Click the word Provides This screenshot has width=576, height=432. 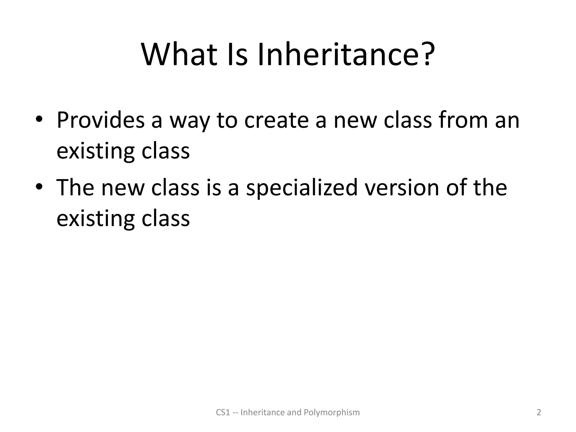[x=101, y=120]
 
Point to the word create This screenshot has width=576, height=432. [x=276, y=120]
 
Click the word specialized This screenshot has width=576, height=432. [x=301, y=188]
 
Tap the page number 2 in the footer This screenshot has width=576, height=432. [x=539, y=412]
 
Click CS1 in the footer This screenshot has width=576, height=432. [x=223, y=412]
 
